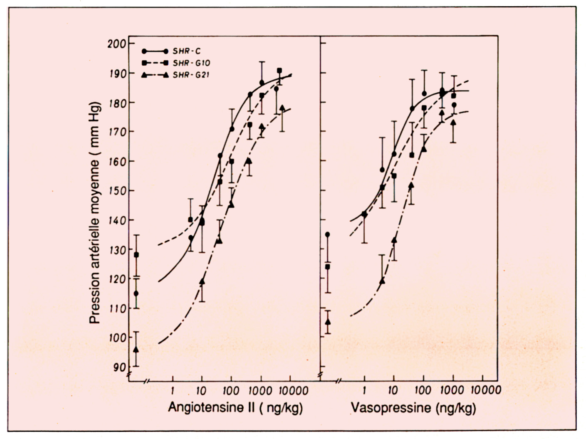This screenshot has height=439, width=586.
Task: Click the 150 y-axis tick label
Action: [116, 191]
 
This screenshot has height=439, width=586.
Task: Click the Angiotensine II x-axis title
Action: [235, 408]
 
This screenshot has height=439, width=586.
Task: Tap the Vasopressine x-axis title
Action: [413, 408]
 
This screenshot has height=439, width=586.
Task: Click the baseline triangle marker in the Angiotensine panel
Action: [136, 349]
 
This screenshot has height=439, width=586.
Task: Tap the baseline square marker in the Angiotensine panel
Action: [136, 254]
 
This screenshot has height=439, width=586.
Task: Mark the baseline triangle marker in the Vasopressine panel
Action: [328, 321]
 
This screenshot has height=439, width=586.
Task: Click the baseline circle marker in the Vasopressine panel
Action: [327, 234]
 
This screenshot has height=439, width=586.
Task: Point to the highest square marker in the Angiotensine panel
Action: [279, 70]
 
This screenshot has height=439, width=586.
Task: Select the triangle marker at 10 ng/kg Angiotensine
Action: [202, 281]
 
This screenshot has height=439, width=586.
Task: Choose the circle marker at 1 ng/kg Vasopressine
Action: [364, 214]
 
